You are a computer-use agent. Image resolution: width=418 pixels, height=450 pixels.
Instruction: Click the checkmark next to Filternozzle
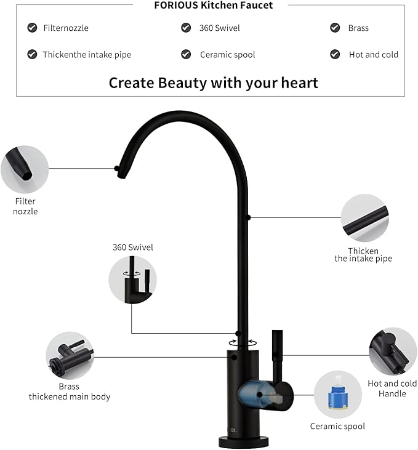(32, 28)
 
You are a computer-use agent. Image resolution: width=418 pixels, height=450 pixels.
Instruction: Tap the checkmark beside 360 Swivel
(186, 28)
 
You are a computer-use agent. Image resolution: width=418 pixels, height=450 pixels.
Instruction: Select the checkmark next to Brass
(335, 28)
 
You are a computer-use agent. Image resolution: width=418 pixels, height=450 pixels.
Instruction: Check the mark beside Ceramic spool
(186, 54)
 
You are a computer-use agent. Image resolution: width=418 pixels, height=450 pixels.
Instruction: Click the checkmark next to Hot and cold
(335, 54)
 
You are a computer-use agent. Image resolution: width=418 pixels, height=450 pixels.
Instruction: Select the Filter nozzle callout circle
(25, 169)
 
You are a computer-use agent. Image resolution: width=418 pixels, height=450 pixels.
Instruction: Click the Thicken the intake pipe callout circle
(364, 218)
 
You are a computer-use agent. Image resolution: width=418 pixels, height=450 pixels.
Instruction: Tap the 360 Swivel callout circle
(132, 279)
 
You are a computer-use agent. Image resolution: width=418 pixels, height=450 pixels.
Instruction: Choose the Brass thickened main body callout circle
(70, 356)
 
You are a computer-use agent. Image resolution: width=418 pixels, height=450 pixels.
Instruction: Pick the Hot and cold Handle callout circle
(393, 352)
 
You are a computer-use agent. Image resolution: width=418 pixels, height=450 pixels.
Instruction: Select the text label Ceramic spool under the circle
(337, 426)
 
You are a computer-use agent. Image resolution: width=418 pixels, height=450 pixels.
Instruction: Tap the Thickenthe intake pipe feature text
(87, 54)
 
